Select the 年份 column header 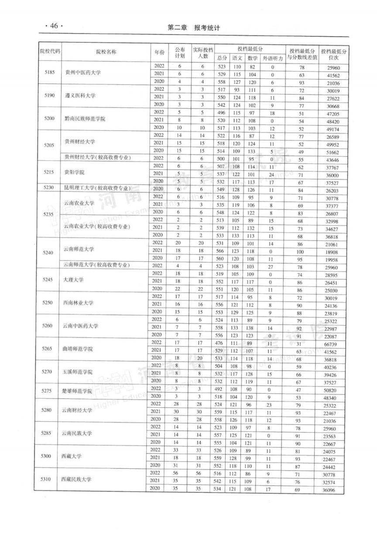[159, 52]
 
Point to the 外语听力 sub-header [273, 58]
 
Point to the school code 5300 [46, 456]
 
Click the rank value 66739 [333, 344]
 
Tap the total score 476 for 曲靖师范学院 [222, 343]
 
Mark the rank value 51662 [333, 151]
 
